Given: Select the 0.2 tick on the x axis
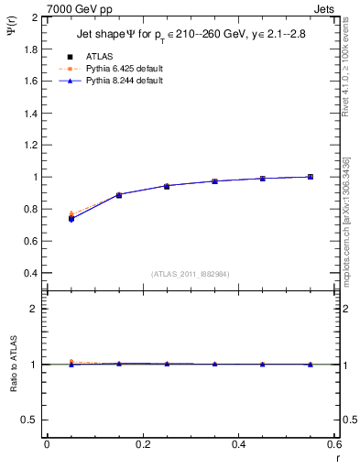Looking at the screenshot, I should tap(142, 444).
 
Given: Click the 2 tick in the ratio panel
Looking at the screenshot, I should tap(35, 309).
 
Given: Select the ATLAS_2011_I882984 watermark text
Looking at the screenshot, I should tap(191, 274).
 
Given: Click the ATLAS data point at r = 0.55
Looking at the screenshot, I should tap(311, 177).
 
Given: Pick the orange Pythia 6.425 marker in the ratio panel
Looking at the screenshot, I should tap(71, 362).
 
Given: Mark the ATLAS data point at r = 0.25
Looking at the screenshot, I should tap(167, 186).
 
